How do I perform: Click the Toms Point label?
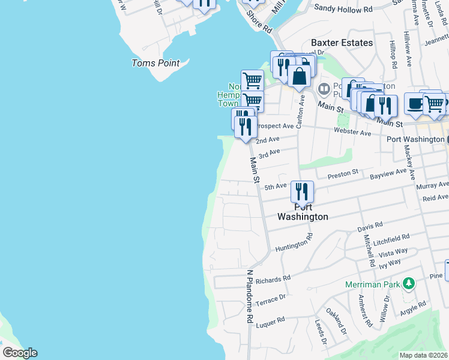[x=155, y=63]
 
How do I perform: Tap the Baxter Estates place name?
[x=342, y=43]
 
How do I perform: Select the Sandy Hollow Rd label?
[x=343, y=9]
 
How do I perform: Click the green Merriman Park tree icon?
[x=409, y=283]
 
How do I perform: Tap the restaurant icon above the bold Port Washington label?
[x=302, y=191]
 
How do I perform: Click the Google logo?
[x=19, y=353]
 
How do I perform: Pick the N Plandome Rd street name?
[x=249, y=296]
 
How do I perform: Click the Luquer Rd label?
[x=270, y=322]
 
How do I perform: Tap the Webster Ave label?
[x=352, y=132]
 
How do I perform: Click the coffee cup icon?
[x=415, y=103]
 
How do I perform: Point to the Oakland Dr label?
[x=336, y=321]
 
